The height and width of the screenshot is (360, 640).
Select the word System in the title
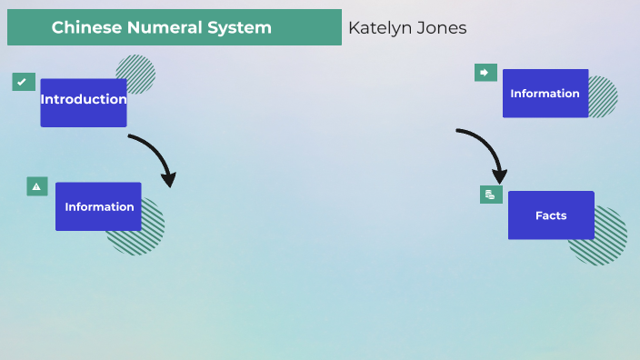coord(241,28)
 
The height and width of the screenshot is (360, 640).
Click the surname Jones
coord(444,28)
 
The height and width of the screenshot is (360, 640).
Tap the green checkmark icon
coord(24,82)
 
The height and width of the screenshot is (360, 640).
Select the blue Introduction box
coord(83,101)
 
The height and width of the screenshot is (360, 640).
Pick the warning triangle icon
coord(36,186)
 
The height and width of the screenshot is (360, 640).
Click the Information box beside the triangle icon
coord(98,206)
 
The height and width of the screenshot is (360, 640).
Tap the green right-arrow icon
coord(485,73)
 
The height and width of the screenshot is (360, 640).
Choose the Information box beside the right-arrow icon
coord(545,94)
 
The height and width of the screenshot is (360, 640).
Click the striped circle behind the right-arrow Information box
coord(605,97)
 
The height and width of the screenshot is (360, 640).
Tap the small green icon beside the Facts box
coord(491,195)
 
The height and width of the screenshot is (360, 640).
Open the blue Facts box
coord(550,215)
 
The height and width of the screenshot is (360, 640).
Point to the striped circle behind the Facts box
coord(605,244)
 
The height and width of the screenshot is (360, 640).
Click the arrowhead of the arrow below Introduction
coord(167,179)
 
